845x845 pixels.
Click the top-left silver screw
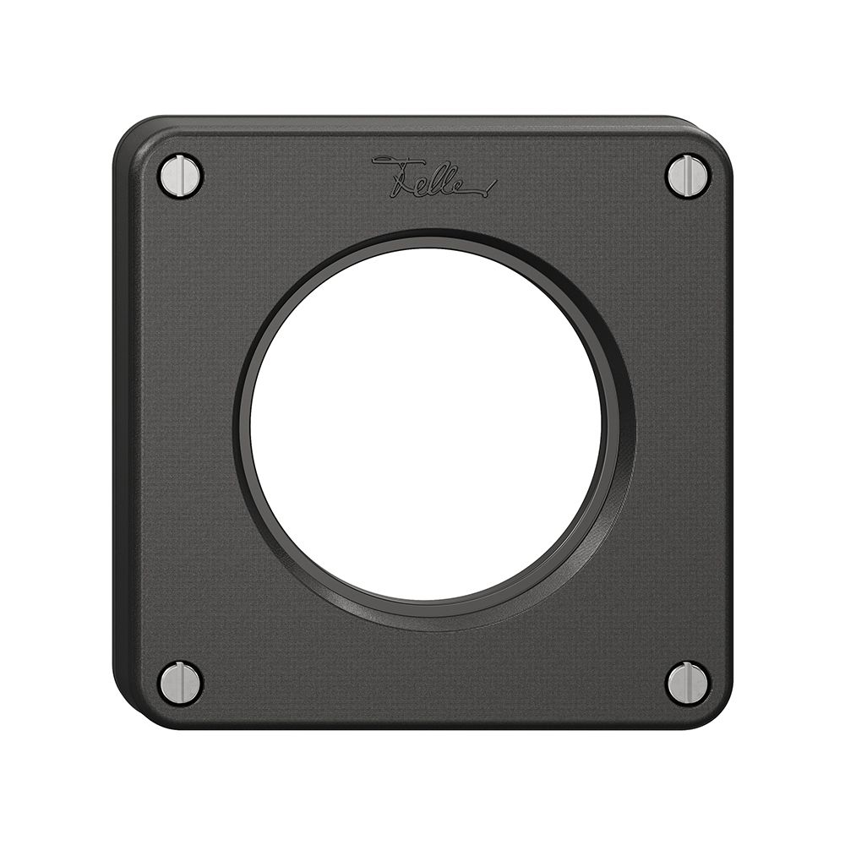[180, 176]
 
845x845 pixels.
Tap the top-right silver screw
[688, 176]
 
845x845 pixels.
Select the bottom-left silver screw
[180, 683]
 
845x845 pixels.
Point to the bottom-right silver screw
[688, 683]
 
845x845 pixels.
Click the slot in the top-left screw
[180, 176]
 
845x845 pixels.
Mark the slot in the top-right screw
[688, 176]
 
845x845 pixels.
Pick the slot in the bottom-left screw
[180, 683]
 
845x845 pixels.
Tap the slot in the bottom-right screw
[688, 683]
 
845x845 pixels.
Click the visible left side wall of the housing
[121, 422]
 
